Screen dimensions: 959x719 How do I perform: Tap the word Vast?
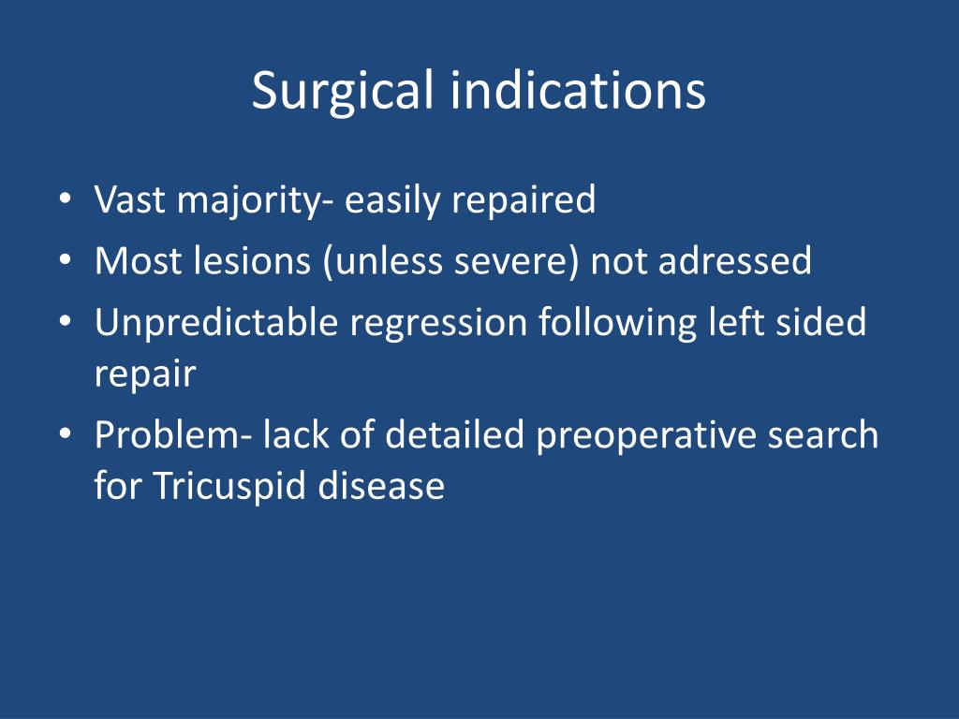click(x=129, y=199)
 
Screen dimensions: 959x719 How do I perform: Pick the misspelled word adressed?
click(x=735, y=260)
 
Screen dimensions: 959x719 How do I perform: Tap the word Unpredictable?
click(x=216, y=322)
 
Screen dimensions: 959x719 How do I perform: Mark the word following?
click(x=618, y=323)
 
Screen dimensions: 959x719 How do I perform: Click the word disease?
click(x=381, y=486)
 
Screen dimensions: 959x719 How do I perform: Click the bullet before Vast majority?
click(x=66, y=200)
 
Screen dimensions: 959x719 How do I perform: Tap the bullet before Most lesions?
click(x=66, y=261)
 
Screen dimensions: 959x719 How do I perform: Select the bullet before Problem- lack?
click(x=66, y=435)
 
